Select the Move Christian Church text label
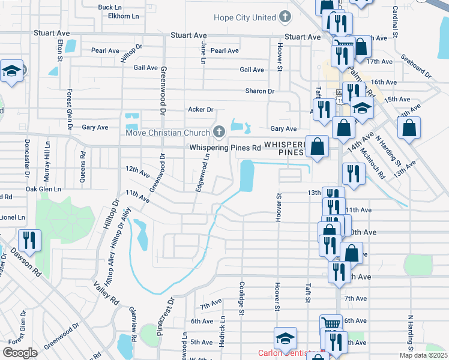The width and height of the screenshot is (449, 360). [x=167, y=131]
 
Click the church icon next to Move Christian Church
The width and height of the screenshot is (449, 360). [x=219, y=131]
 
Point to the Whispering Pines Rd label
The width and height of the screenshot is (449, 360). [x=225, y=147]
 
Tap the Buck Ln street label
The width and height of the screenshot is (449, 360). [x=110, y=8]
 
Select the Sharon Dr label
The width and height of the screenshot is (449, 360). [x=259, y=91]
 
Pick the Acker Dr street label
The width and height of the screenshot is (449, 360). [x=200, y=110]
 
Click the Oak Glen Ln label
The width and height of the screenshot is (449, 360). [x=44, y=188]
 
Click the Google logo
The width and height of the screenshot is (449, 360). [x=20, y=353]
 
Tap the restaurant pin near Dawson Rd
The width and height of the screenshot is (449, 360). [x=29, y=241]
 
